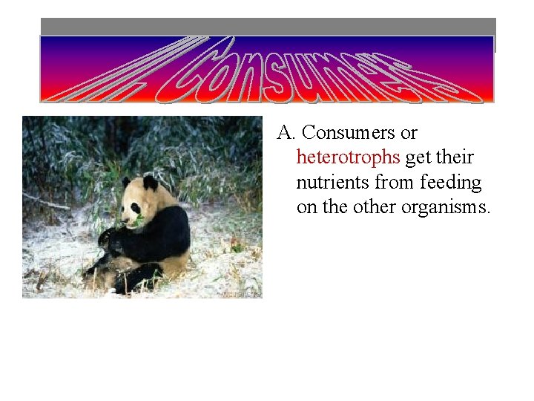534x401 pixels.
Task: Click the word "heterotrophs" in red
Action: pos(348,157)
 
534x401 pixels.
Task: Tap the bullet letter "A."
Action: pos(287,133)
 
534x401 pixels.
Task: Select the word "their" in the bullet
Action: pos(455,157)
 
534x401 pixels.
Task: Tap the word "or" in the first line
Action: pos(409,134)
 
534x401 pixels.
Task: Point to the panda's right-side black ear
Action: pos(151,183)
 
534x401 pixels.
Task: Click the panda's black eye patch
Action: pos(136,208)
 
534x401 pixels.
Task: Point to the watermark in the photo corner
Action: pos(239,293)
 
